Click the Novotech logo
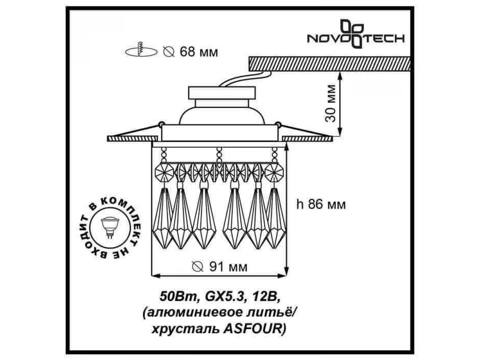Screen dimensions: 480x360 [x=356, y=34]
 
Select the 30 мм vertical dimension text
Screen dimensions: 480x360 [x=330, y=103]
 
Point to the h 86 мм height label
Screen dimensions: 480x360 [x=321, y=205]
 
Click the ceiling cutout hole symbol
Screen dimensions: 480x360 [x=141, y=52]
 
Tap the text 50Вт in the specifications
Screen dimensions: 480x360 [x=179, y=297]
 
